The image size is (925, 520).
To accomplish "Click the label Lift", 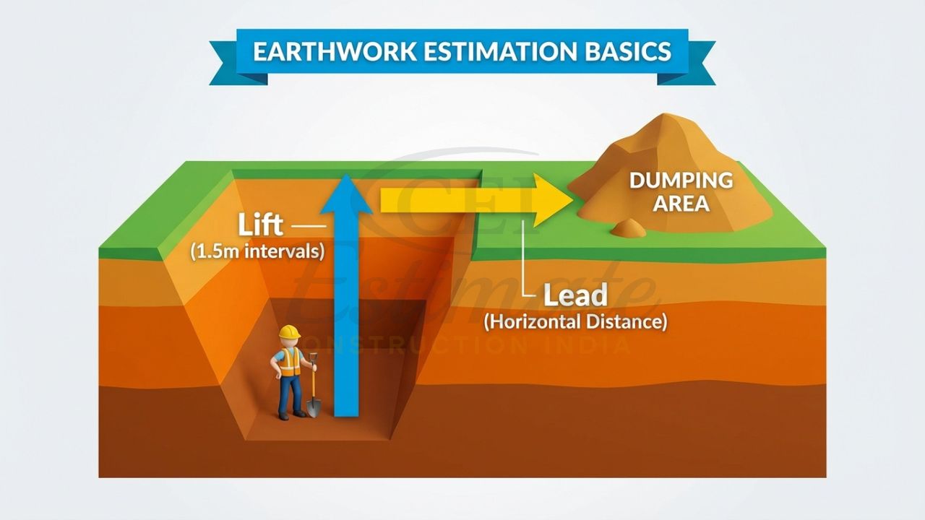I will pos(261,225).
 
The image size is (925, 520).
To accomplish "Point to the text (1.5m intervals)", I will pos(257,252).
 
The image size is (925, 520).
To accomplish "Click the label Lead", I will pos(575,295).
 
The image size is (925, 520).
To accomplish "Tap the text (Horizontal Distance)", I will pos(575,321).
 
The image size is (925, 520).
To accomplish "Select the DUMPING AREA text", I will pos(681,191).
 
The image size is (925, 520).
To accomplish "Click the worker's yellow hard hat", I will pos(289,331).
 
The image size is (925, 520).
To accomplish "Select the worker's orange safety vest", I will pos(289,360).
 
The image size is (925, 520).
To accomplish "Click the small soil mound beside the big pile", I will pos(627,228).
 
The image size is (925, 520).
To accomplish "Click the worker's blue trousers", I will pos(291,393).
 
